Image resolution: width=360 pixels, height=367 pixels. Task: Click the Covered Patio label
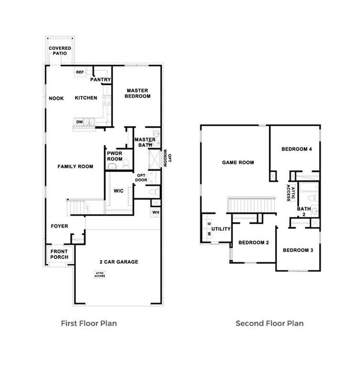[x=60, y=51]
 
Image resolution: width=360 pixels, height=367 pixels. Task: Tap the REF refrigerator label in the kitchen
[x=80, y=72]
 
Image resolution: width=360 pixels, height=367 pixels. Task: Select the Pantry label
[x=101, y=80]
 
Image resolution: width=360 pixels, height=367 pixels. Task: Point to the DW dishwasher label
[x=79, y=122]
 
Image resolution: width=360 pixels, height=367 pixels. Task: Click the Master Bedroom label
[x=137, y=93]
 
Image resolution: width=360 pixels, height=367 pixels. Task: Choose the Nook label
[x=56, y=98]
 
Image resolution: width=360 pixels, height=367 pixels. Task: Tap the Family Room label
[x=75, y=166]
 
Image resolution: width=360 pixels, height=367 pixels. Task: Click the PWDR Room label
[x=115, y=156]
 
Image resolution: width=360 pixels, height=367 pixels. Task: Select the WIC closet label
[x=118, y=191]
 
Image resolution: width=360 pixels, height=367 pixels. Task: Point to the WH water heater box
[x=156, y=212]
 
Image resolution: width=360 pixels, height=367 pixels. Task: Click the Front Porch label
[x=59, y=254]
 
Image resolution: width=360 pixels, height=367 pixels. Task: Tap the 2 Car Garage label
[x=119, y=262]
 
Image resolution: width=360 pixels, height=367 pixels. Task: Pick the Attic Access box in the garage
[x=100, y=275]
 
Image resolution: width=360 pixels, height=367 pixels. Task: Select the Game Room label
[x=238, y=162]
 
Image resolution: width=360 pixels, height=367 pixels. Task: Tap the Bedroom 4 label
[x=296, y=149]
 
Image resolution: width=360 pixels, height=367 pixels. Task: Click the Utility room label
[x=221, y=229]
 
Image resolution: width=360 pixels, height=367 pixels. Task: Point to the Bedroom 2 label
[x=254, y=243]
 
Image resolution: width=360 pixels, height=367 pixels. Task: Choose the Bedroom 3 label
[x=298, y=250]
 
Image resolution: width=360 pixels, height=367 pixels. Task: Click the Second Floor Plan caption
[x=269, y=324]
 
